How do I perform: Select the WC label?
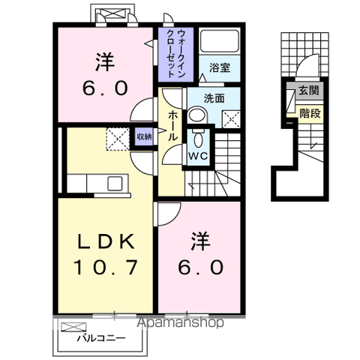coord(197,156)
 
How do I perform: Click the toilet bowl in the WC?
coord(198,138)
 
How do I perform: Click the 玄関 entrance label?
coord(307,91)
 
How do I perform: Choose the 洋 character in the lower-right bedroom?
coord(199,241)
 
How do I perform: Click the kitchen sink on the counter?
coord(115,183)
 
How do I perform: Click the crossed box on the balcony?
coord(73,327)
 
